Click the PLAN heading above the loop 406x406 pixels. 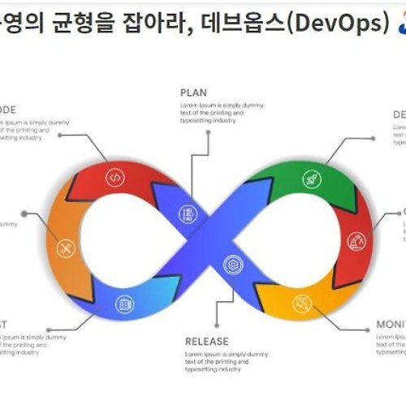(193, 93)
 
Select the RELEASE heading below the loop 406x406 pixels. (206, 342)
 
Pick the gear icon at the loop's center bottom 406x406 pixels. (234, 262)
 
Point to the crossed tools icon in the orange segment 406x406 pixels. (67, 246)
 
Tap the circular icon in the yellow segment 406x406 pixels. (303, 304)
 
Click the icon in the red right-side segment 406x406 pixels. (355, 241)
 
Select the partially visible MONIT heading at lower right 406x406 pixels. (391, 325)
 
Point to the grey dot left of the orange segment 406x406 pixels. (24, 214)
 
